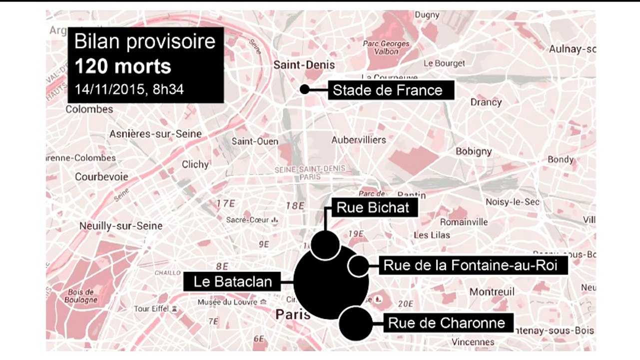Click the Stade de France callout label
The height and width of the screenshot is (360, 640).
click(x=388, y=90)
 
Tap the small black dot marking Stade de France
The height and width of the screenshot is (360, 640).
click(x=304, y=89)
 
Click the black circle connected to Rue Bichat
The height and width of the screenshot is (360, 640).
click(x=325, y=244)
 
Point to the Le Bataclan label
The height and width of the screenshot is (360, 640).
click(x=233, y=281)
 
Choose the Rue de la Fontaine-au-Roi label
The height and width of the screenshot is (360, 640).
click(x=470, y=265)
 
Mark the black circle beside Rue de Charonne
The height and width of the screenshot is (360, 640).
click(x=356, y=323)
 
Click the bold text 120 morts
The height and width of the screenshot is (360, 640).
click(x=122, y=66)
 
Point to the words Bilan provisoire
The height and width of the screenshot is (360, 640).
click(x=144, y=41)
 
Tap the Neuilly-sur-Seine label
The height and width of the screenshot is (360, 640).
click(x=121, y=226)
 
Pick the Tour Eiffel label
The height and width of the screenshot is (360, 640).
click(x=152, y=309)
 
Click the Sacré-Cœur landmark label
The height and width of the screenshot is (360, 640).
click(x=248, y=220)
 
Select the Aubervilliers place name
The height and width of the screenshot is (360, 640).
click(x=359, y=140)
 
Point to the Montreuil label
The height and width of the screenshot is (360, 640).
click(x=492, y=291)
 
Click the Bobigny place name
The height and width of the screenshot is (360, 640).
click(x=474, y=151)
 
